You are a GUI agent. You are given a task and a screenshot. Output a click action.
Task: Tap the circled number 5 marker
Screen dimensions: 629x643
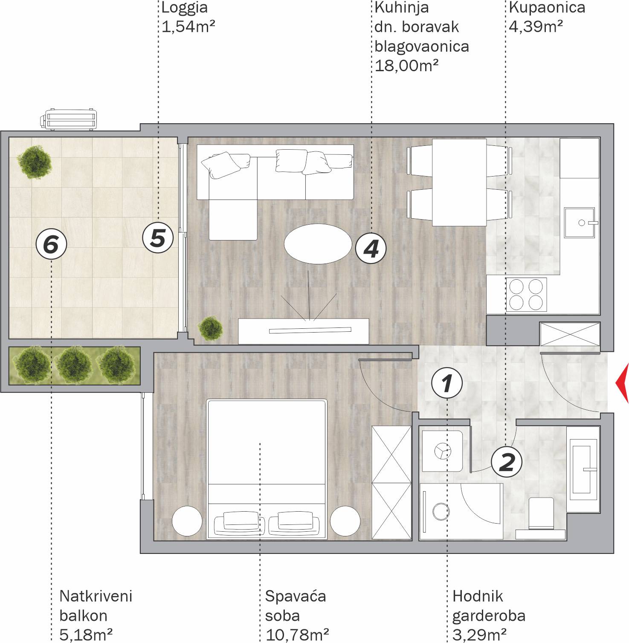[x=158, y=238]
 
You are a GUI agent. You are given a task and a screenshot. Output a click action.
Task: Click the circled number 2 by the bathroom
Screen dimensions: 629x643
[x=507, y=461]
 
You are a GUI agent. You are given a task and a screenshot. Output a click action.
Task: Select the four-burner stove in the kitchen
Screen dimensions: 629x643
[x=526, y=294]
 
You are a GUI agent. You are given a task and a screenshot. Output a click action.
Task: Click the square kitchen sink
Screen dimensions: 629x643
[x=580, y=222]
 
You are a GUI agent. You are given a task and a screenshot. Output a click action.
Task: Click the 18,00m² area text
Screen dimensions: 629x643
[x=407, y=66]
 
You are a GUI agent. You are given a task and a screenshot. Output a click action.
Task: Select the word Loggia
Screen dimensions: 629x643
[x=185, y=7]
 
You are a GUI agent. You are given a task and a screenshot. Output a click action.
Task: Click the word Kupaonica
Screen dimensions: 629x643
[x=547, y=7]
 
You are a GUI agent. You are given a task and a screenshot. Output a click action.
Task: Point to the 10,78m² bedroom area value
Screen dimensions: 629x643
[x=297, y=635]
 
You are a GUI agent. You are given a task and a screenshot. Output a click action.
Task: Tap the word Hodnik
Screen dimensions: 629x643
[x=478, y=596]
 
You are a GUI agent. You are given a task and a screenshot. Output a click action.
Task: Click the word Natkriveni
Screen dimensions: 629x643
[x=96, y=596]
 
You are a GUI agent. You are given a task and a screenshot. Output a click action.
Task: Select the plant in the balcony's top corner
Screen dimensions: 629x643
[x=34, y=162]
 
